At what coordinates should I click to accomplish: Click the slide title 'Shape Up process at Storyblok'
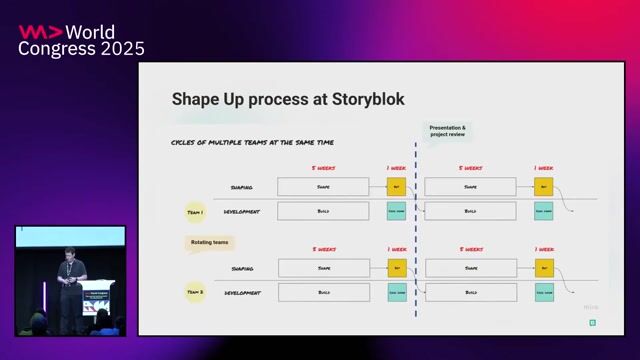click(288, 99)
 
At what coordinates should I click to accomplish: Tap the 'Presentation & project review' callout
click(447, 131)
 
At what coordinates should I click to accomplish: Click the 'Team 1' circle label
click(195, 212)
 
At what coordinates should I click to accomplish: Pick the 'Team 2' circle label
click(195, 292)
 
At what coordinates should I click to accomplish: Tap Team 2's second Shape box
click(470, 267)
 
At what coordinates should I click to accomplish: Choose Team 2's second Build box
click(470, 292)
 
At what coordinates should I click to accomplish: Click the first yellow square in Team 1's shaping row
click(396, 186)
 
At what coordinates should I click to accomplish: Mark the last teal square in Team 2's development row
click(543, 292)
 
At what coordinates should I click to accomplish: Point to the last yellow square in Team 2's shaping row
click(543, 267)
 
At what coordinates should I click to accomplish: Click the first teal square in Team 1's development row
click(396, 211)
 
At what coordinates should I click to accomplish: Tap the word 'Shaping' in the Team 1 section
click(241, 187)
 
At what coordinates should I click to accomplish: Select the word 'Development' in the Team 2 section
click(242, 293)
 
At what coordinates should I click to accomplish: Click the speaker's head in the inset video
click(67, 253)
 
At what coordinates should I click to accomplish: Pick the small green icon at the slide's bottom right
click(592, 322)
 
